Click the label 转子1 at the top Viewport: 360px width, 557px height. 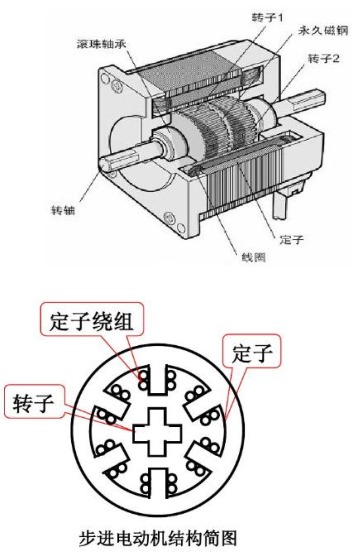[x=267, y=17]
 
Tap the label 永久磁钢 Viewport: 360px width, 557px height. [x=323, y=31]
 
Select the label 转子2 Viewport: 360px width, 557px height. [x=323, y=58]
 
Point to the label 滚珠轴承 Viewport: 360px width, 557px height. [x=101, y=43]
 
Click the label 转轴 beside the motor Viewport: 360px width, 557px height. [x=63, y=210]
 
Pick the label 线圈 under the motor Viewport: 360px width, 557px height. [x=253, y=257]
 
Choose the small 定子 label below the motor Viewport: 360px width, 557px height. [x=291, y=239]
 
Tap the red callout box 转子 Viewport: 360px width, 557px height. [x=33, y=401]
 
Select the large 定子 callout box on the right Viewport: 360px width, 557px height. [x=252, y=352]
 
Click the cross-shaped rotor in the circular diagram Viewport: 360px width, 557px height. [x=157, y=432]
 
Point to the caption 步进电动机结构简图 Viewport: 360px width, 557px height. [x=158, y=539]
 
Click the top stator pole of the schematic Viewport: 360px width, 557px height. [x=158, y=379]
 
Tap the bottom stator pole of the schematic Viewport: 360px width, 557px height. [x=158, y=484]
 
